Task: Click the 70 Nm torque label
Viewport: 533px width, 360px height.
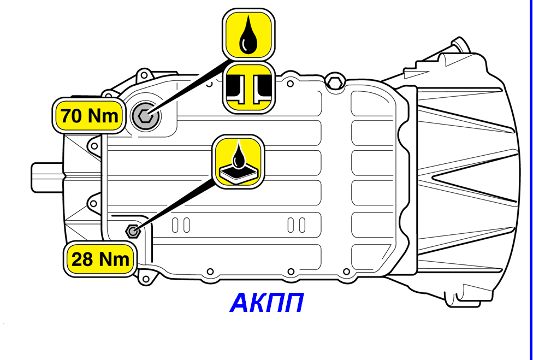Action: tap(89, 116)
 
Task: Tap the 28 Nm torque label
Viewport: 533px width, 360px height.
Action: tap(100, 259)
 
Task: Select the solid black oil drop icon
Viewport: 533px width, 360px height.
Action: tap(248, 34)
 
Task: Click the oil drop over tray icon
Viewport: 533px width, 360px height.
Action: tap(238, 162)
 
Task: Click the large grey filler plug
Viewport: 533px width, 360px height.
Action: tap(145, 116)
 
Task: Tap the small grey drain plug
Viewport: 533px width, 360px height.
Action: tap(133, 231)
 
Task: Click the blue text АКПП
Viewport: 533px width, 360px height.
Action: tap(266, 303)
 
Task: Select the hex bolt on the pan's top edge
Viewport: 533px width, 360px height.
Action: tap(335, 81)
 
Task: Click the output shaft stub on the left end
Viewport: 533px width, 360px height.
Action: tap(48, 178)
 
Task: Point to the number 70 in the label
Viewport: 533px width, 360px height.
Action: tap(72, 116)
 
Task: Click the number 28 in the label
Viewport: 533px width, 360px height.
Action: tap(82, 259)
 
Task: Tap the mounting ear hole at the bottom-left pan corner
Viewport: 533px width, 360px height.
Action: tap(146, 279)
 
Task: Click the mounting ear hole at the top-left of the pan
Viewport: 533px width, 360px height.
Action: tap(144, 75)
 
